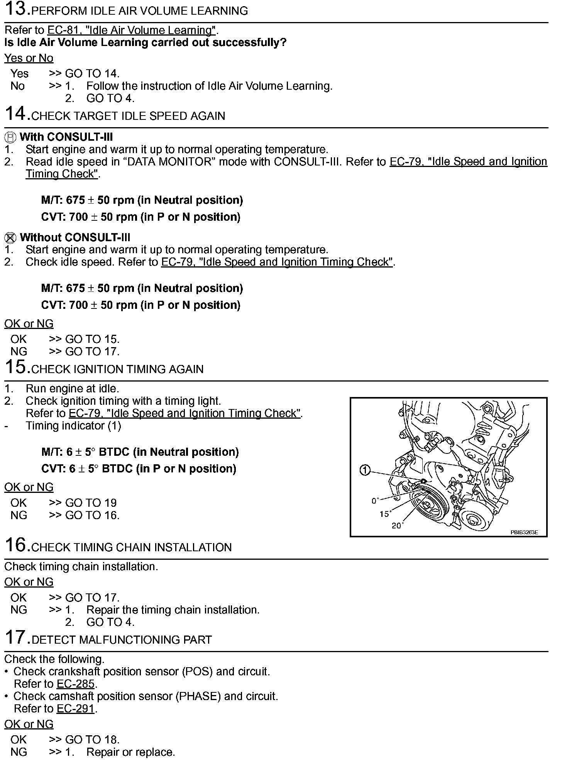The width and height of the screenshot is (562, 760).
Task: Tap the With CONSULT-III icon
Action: pyautogui.click(x=11, y=137)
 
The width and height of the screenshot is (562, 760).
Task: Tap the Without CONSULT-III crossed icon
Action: pyautogui.click(x=11, y=238)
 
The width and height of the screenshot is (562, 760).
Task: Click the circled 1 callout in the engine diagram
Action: pyautogui.click(x=365, y=470)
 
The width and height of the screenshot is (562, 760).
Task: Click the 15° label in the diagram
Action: pyautogui.click(x=385, y=514)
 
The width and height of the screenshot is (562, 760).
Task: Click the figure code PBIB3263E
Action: pyautogui.click(x=524, y=532)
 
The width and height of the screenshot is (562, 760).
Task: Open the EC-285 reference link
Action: pyautogui.click(x=76, y=684)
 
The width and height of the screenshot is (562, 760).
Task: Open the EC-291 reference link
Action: pyautogui.click(x=76, y=709)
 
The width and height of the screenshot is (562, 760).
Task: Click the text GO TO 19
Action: pyautogui.click(x=91, y=503)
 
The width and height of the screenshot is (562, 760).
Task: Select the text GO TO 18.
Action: pyautogui.click(x=92, y=740)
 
